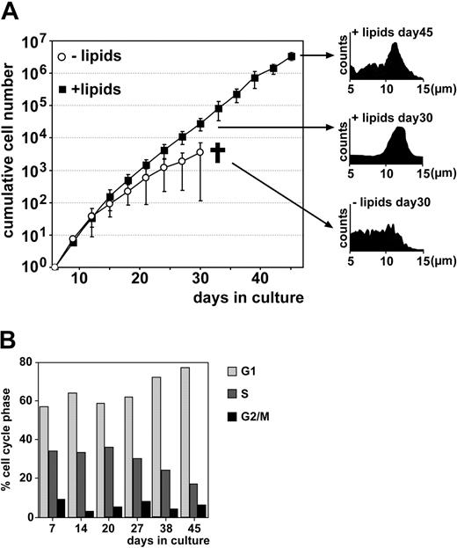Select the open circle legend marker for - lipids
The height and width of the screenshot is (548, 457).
click(62, 57)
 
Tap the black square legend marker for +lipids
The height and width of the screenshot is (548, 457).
click(62, 89)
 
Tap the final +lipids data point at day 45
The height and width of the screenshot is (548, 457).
click(291, 56)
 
